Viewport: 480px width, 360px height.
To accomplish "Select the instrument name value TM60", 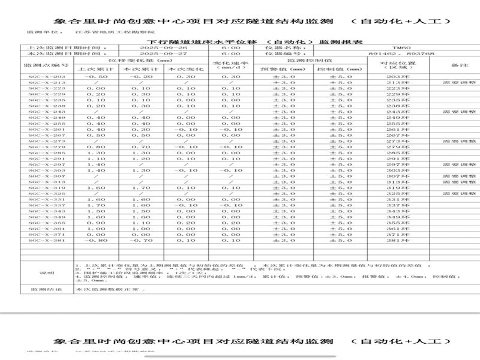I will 397,47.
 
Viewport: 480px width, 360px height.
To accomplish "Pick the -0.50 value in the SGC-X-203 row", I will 95,77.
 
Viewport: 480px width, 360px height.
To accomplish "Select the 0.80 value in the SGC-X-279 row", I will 95,147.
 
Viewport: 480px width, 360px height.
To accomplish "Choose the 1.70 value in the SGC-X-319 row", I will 142,188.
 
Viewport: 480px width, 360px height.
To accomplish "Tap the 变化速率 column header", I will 230,64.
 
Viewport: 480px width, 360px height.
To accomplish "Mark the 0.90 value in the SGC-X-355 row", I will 95,223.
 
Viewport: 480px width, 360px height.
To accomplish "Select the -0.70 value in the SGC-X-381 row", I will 142,240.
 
